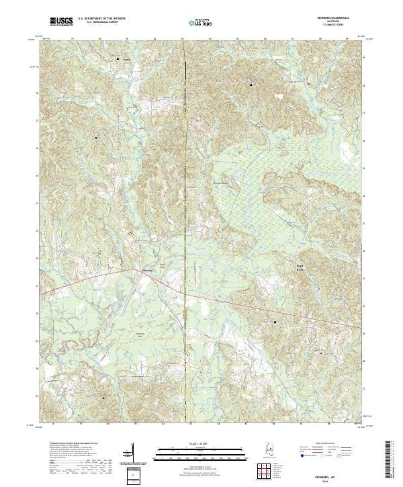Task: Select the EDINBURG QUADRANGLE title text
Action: tap(334, 17)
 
